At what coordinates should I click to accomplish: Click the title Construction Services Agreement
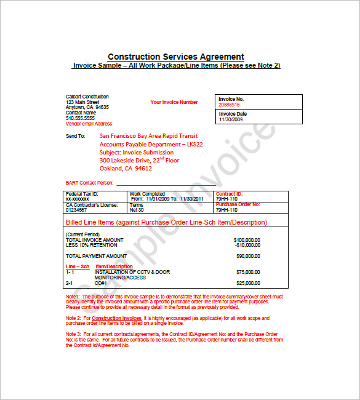click(x=176, y=57)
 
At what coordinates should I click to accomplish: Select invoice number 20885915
click(x=229, y=105)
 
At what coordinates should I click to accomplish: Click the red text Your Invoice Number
click(x=174, y=102)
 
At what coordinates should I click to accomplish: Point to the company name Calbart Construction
click(x=87, y=97)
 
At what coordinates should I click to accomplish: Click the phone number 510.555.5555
click(x=81, y=118)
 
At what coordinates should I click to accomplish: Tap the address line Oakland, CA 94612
click(x=126, y=169)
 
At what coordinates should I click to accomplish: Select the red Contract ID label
click(x=230, y=194)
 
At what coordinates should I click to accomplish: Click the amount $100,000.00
click(x=247, y=239)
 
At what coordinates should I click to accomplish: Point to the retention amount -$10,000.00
click(x=247, y=244)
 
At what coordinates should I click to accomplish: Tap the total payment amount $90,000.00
click(x=248, y=255)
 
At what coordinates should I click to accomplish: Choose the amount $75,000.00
click(x=248, y=271)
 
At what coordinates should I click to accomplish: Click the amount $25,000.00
click(x=248, y=283)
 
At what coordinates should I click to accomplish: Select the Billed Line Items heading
click(x=166, y=222)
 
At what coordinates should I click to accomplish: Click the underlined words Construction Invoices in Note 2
click(x=116, y=318)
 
